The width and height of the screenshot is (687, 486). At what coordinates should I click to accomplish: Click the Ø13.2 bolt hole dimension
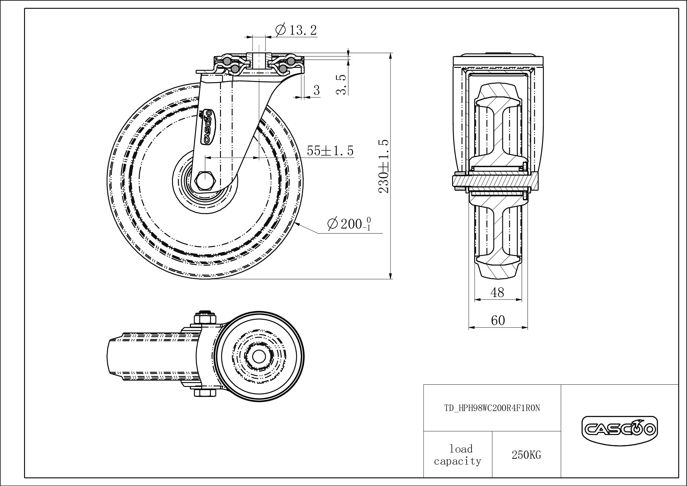pos(296,30)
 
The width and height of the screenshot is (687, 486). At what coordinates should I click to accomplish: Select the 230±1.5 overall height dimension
pos(384,166)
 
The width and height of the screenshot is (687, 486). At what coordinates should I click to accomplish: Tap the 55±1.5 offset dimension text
pos(330,151)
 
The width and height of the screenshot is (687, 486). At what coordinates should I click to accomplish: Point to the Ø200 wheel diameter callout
pos(349,224)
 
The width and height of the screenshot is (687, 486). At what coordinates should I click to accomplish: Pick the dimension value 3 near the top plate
pos(316,90)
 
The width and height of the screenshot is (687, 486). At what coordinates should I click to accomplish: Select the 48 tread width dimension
pos(497,293)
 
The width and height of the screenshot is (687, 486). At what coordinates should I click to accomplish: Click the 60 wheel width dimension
pos(498,320)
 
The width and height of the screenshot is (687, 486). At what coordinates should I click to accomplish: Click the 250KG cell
pos(526,455)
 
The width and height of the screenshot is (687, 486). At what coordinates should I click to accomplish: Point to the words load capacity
pos(458,455)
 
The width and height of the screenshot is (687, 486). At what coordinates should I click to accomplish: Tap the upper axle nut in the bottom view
pos(205,318)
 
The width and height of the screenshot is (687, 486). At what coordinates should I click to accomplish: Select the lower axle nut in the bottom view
pos(205,393)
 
